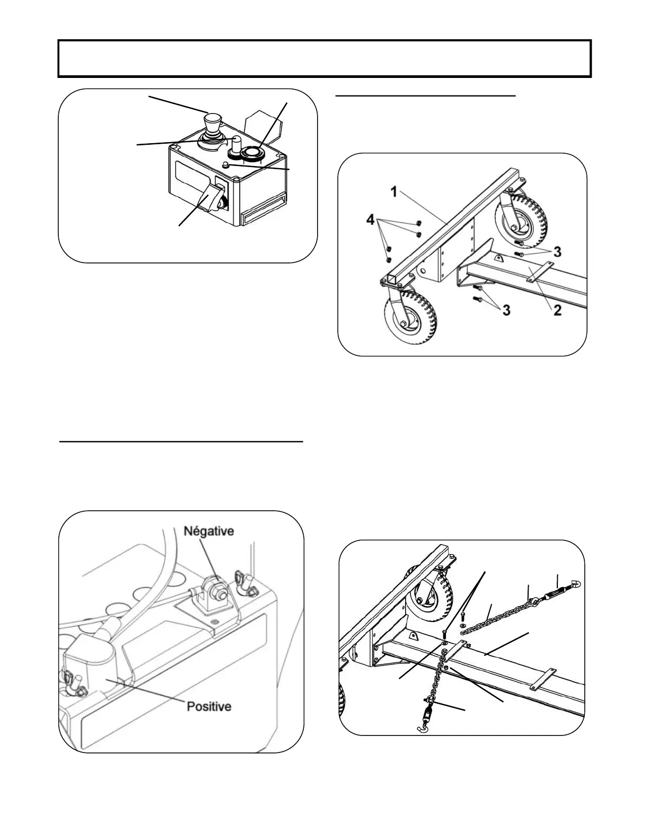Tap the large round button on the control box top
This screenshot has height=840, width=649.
[x=251, y=153]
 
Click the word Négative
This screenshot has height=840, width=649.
[x=208, y=531]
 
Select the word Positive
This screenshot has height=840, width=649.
[x=209, y=706]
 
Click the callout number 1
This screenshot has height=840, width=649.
[x=394, y=192]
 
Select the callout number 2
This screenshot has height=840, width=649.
[x=557, y=311]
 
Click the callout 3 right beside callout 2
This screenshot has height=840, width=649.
[x=506, y=310]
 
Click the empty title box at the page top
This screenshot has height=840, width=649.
[x=324, y=58]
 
